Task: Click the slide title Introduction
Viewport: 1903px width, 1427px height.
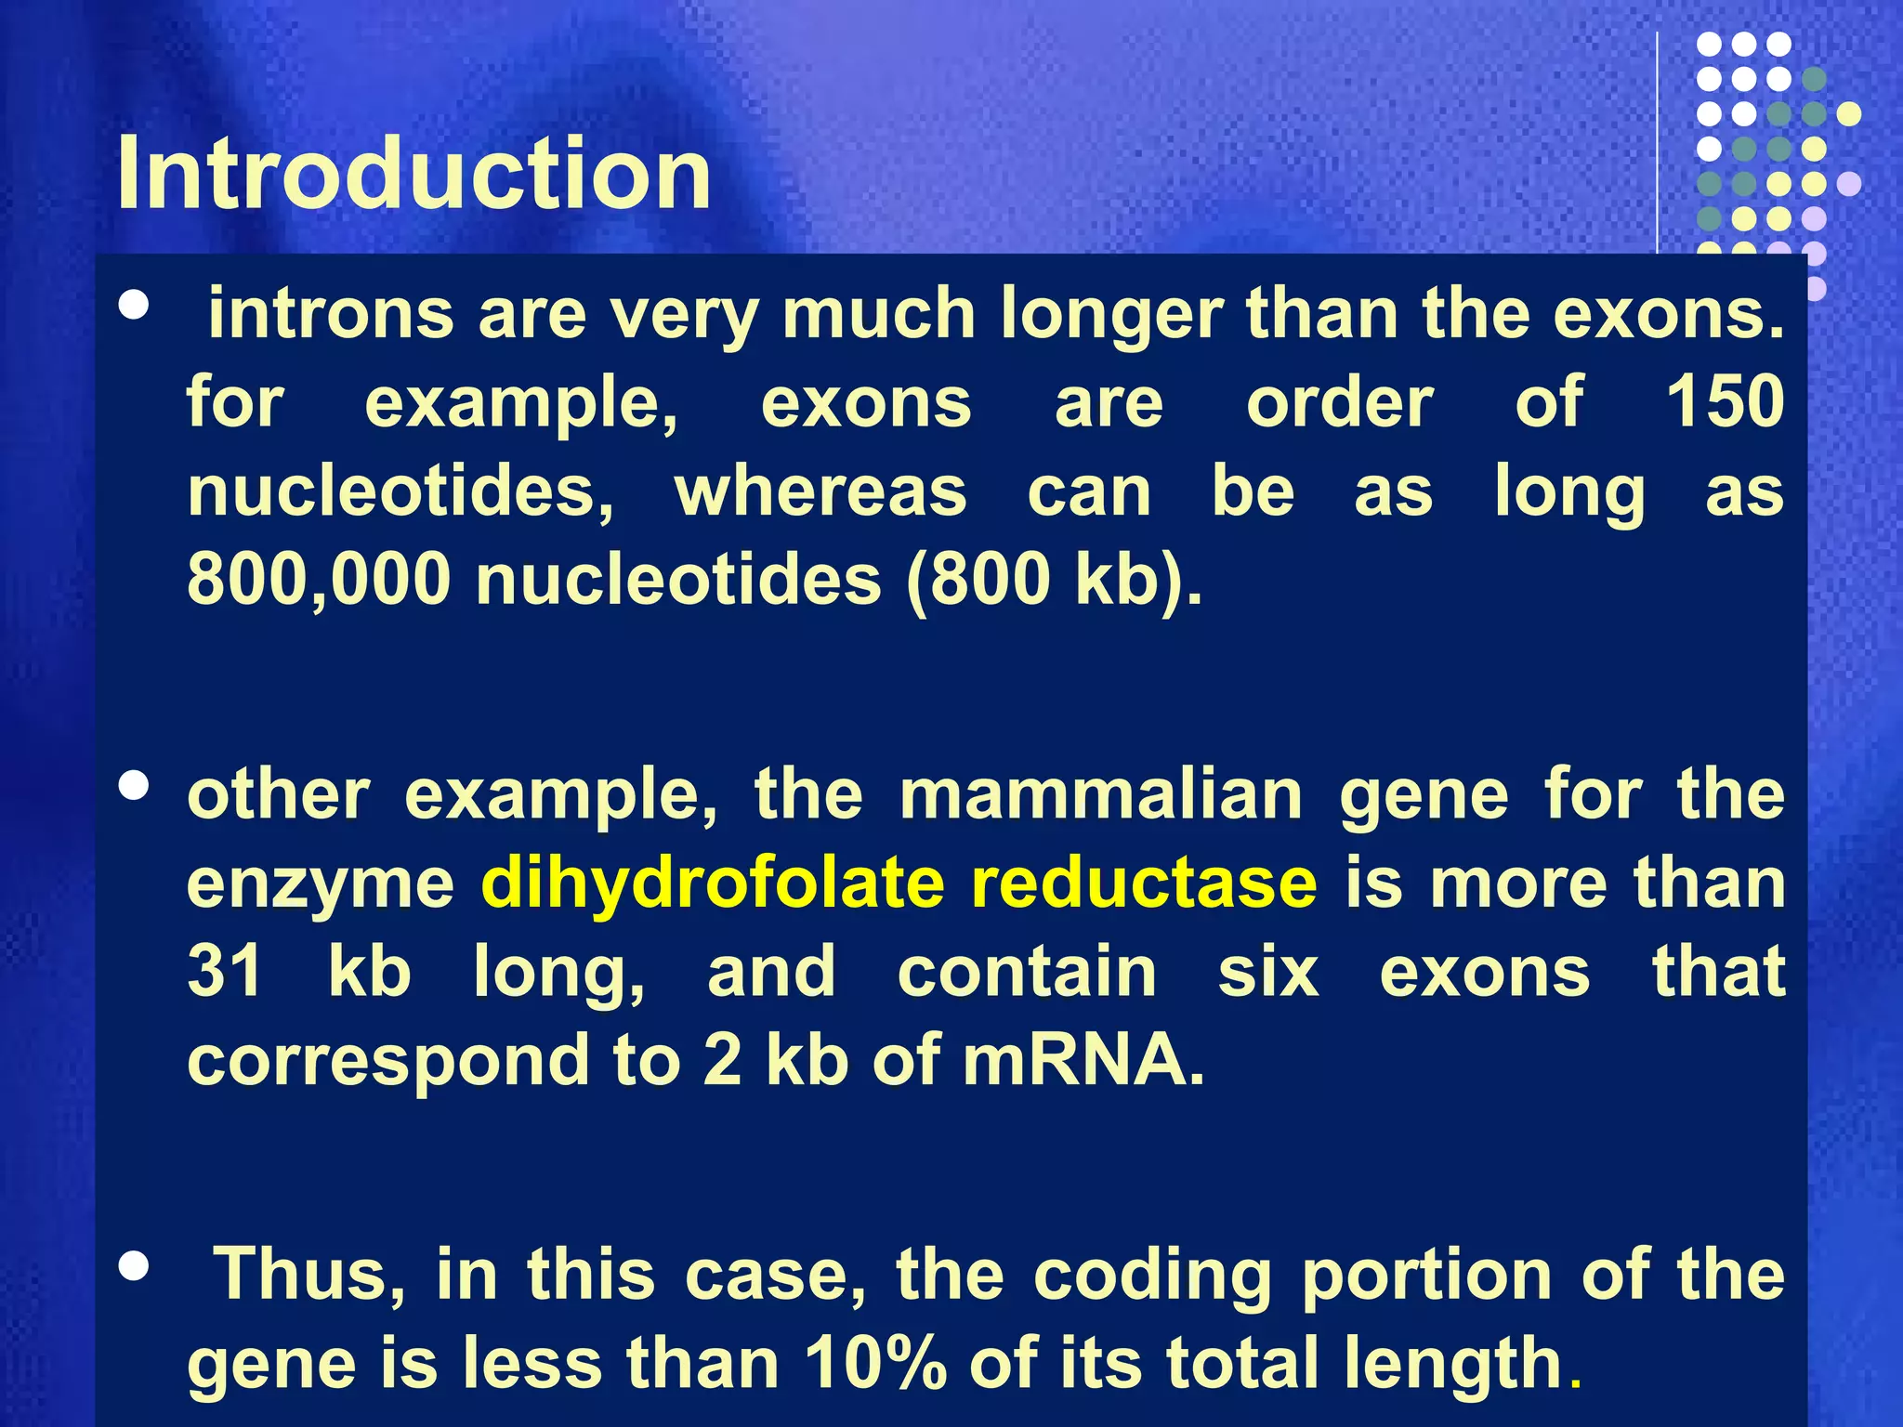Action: click(x=413, y=174)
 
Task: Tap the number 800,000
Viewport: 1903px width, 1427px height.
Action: click(x=319, y=580)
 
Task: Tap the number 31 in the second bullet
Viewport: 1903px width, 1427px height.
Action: click(x=225, y=971)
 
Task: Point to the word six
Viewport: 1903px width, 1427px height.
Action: click(x=1268, y=971)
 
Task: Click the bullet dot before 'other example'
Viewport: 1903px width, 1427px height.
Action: click(x=135, y=786)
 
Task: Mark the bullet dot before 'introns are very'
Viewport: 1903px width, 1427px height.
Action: click(x=135, y=306)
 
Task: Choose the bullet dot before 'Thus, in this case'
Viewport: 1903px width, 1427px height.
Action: click(x=135, y=1266)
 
